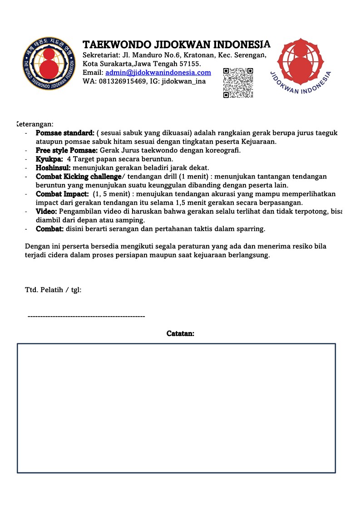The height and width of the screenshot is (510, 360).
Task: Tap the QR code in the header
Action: point(238,83)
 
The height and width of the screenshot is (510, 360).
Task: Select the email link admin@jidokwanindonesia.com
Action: point(158,73)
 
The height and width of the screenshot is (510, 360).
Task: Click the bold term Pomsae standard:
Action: point(65,133)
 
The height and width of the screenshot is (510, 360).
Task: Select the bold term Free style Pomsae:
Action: point(67,150)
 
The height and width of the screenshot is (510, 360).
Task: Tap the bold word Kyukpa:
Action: point(49,159)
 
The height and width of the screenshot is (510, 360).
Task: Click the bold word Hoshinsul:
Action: point(53,168)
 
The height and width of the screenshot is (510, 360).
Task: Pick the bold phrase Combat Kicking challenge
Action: point(79,176)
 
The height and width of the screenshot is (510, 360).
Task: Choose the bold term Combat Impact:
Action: point(62,194)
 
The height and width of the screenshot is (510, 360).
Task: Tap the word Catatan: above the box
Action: point(180,333)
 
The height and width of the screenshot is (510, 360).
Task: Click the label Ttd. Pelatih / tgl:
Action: point(53,289)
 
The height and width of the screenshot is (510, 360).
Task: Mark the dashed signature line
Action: point(86,316)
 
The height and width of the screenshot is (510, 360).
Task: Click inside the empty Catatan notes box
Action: point(176,408)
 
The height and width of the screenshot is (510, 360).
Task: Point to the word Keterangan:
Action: point(35,124)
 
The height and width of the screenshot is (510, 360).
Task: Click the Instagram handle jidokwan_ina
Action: point(184,81)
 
